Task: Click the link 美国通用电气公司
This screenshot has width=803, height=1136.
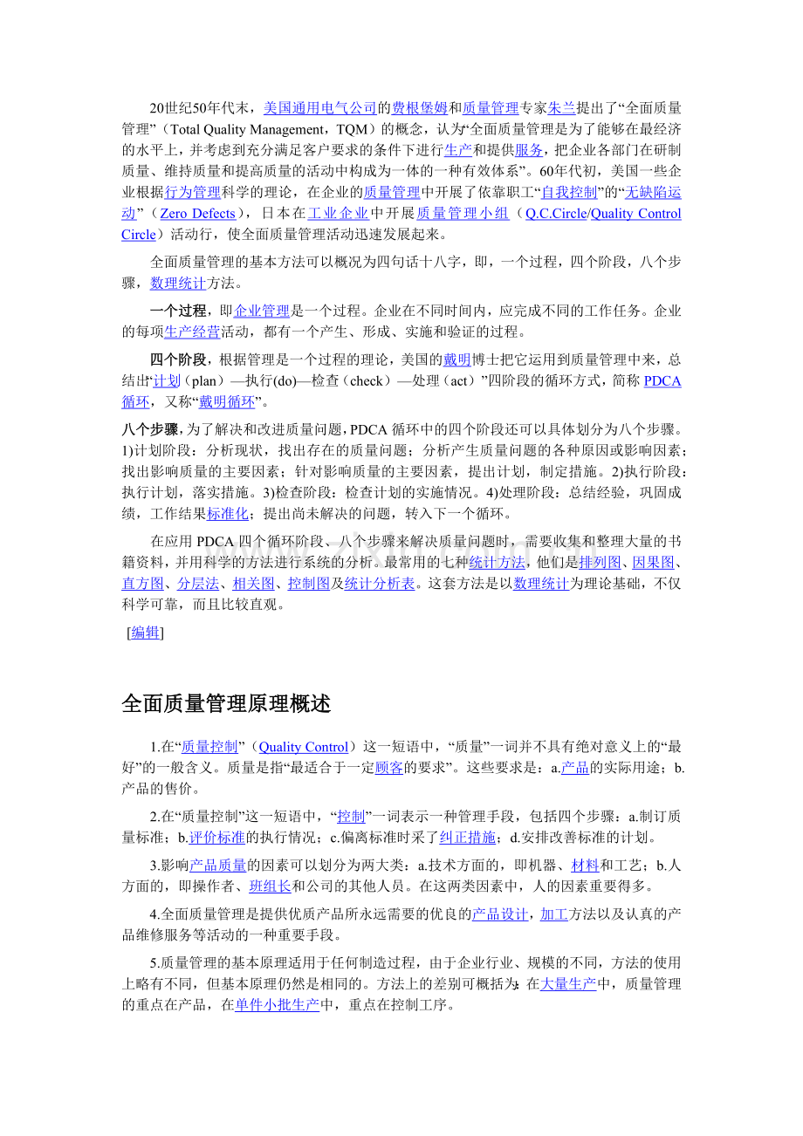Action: tap(319, 108)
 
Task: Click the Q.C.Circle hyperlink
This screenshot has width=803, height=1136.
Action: tap(556, 214)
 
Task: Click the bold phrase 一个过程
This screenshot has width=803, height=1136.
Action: tap(178, 311)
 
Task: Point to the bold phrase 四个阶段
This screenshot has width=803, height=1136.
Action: tap(178, 359)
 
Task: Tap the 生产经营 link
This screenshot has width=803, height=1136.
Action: tap(192, 332)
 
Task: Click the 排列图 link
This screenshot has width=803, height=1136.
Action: tap(600, 562)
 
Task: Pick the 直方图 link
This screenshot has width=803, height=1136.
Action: tap(142, 583)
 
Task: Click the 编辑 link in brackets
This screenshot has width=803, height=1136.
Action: tap(145, 633)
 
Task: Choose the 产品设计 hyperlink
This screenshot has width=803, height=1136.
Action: tap(500, 914)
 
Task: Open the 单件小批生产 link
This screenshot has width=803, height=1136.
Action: tap(278, 1005)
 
